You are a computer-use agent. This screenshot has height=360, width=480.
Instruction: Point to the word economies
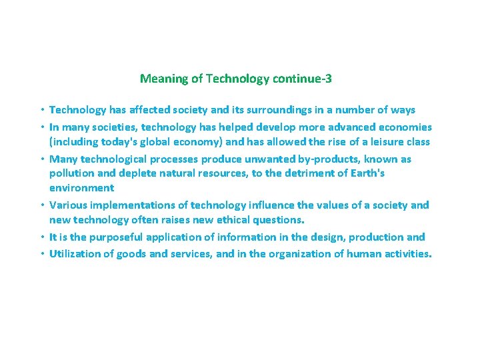(405, 127)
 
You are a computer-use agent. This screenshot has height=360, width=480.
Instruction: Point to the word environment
(81, 189)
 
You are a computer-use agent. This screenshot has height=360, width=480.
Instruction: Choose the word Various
(70, 205)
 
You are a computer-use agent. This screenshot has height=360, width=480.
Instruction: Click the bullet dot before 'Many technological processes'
(41, 159)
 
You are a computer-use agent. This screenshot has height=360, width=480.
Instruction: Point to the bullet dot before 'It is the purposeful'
(41, 237)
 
